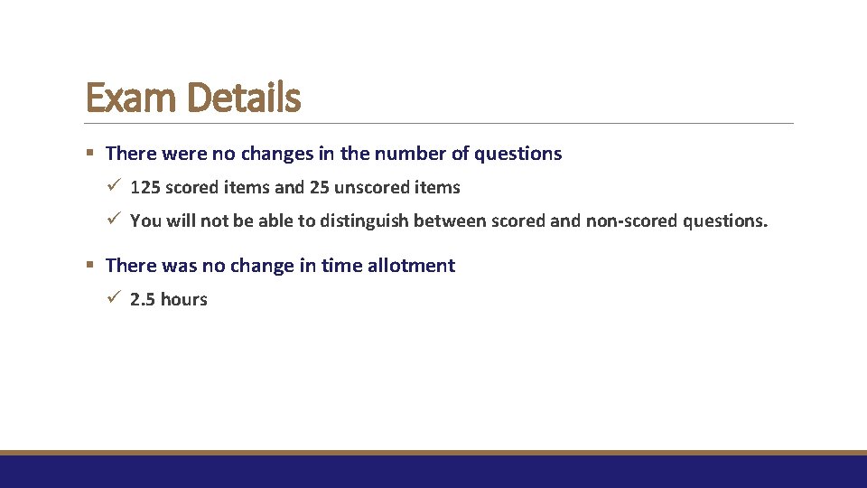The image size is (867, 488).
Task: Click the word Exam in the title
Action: pyautogui.click(x=126, y=98)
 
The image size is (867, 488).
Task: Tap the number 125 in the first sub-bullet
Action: pyautogui.click(x=145, y=188)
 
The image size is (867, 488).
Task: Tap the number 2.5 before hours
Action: pyautogui.click(x=143, y=300)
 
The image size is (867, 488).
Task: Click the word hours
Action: pyautogui.click(x=184, y=300)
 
